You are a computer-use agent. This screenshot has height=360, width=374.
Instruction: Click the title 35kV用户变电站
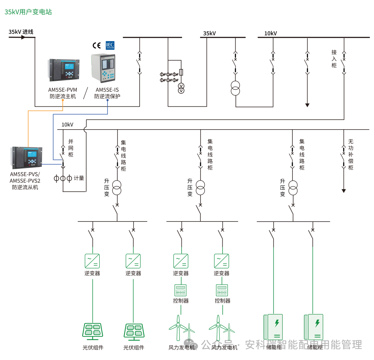(28, 12)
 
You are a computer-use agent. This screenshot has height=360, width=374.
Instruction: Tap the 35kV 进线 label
(21, 32)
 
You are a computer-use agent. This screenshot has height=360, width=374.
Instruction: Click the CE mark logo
(97, 45)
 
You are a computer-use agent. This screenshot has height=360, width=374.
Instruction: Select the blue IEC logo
(110, 45)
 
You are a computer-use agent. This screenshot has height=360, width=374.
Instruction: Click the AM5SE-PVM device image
(64, 69)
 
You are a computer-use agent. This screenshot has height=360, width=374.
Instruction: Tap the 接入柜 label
(334, 59)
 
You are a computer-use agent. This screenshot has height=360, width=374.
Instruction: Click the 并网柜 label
(71, 148)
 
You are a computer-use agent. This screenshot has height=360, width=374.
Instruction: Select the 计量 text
(79, 178)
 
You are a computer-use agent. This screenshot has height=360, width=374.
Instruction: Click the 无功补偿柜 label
(351, 154)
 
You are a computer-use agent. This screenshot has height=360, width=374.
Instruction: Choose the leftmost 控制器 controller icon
(180, 290)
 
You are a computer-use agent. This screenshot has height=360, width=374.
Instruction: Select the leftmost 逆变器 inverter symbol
(92, 261)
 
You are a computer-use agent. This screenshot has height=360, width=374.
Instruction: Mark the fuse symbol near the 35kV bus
(181, 72)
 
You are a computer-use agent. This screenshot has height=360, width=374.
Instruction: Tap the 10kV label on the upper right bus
(271, 33)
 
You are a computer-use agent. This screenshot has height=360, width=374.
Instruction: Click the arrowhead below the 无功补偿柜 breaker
(344, 191)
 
